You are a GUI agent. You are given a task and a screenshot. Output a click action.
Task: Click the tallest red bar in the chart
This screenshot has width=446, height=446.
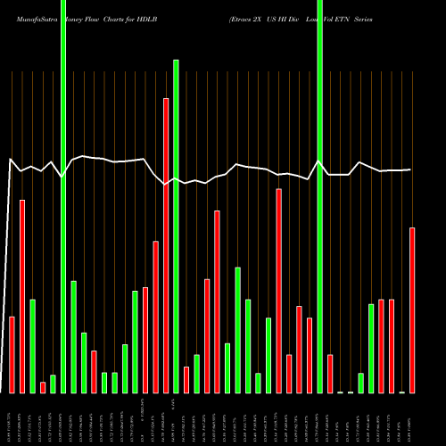click(x=166, y=245)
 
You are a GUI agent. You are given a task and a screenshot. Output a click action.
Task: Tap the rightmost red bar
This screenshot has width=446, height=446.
click(x=412, y=310)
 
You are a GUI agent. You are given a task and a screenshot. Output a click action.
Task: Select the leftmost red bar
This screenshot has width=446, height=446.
click(x=12, y=354)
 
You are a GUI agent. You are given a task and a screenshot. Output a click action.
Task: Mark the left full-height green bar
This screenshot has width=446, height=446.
click(x=63, y=196)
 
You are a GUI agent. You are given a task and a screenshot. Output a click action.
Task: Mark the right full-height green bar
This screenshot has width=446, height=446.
click(x=320, y=196)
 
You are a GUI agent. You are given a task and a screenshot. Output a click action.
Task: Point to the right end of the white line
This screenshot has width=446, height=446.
click(x=410, y=169)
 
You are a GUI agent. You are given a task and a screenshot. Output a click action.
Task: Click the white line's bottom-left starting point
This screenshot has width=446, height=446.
click(x=2, y=392)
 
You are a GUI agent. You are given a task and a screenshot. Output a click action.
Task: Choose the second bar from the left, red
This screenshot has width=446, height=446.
click(x=22, y=296)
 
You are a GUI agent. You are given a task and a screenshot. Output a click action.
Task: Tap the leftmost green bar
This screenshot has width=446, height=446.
click(x=33, y=345)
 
